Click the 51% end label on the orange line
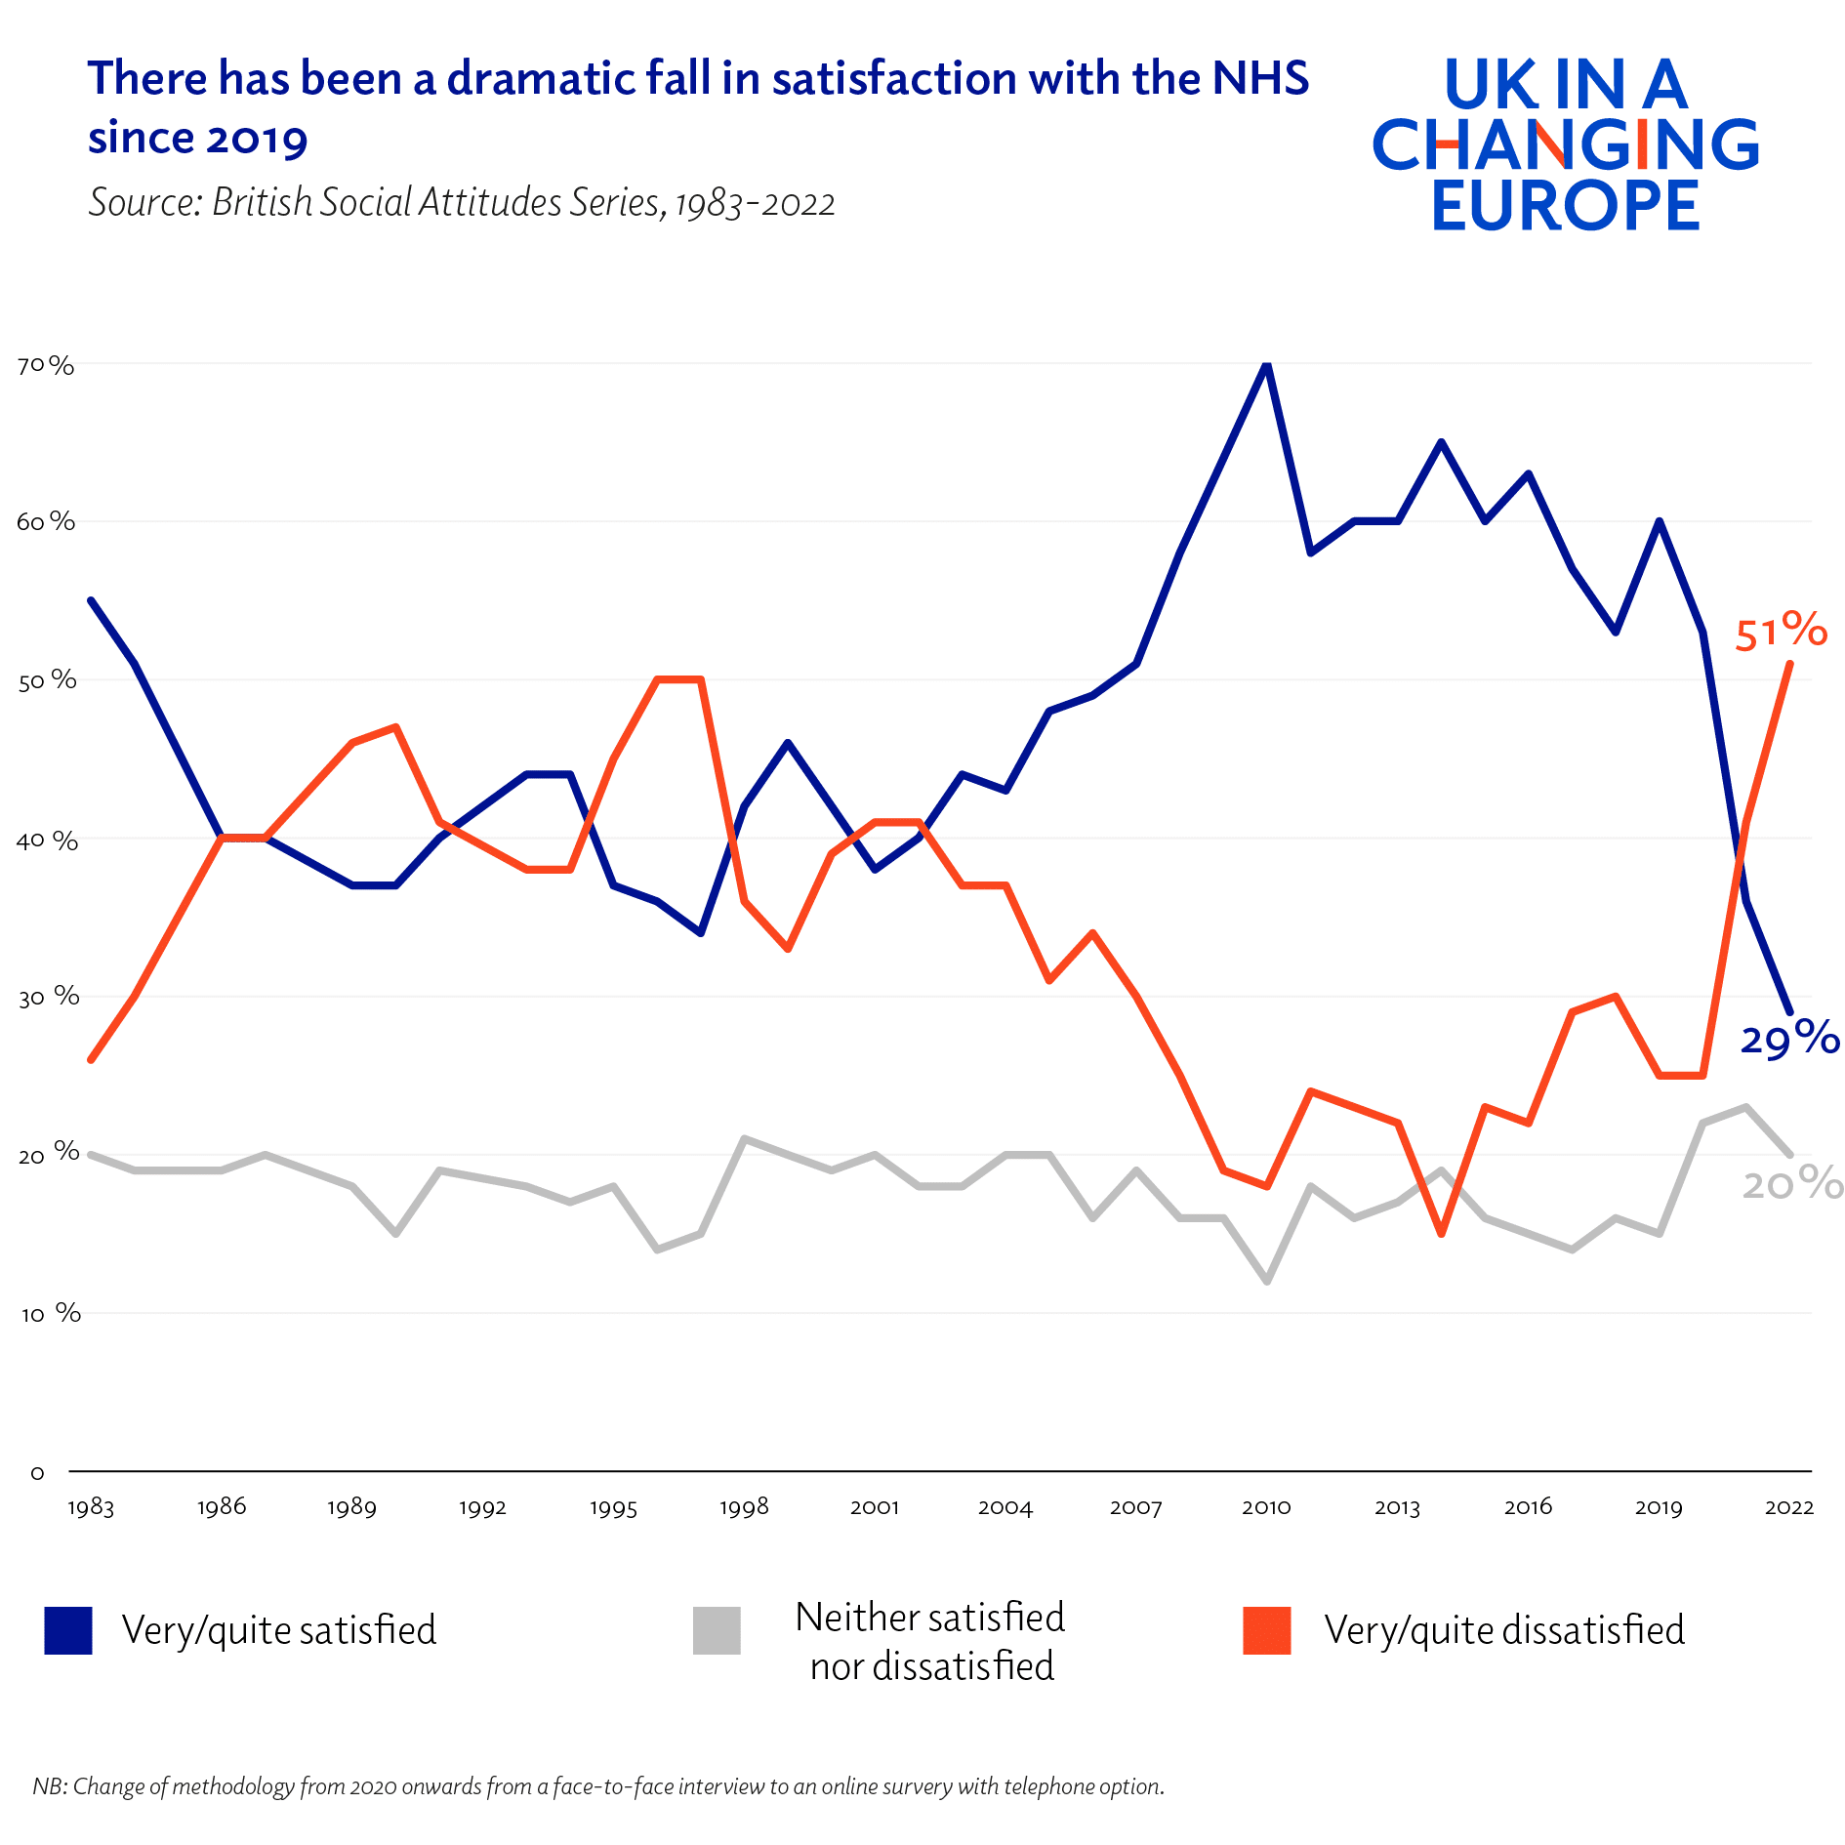1780,631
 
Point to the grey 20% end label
1792,1184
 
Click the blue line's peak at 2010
1266,364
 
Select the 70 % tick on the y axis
45,365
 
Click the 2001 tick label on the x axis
874,1507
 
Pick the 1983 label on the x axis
91,1507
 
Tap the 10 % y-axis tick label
49,1314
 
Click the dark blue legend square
68,1630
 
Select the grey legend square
717,1630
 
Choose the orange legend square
1266,1630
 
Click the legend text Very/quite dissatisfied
1503,1630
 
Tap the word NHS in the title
1259,78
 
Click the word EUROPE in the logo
1565,205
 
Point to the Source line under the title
461,202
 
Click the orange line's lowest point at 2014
1441,1234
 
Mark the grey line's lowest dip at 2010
1266,1281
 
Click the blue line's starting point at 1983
91,600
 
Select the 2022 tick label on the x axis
1788,1507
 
